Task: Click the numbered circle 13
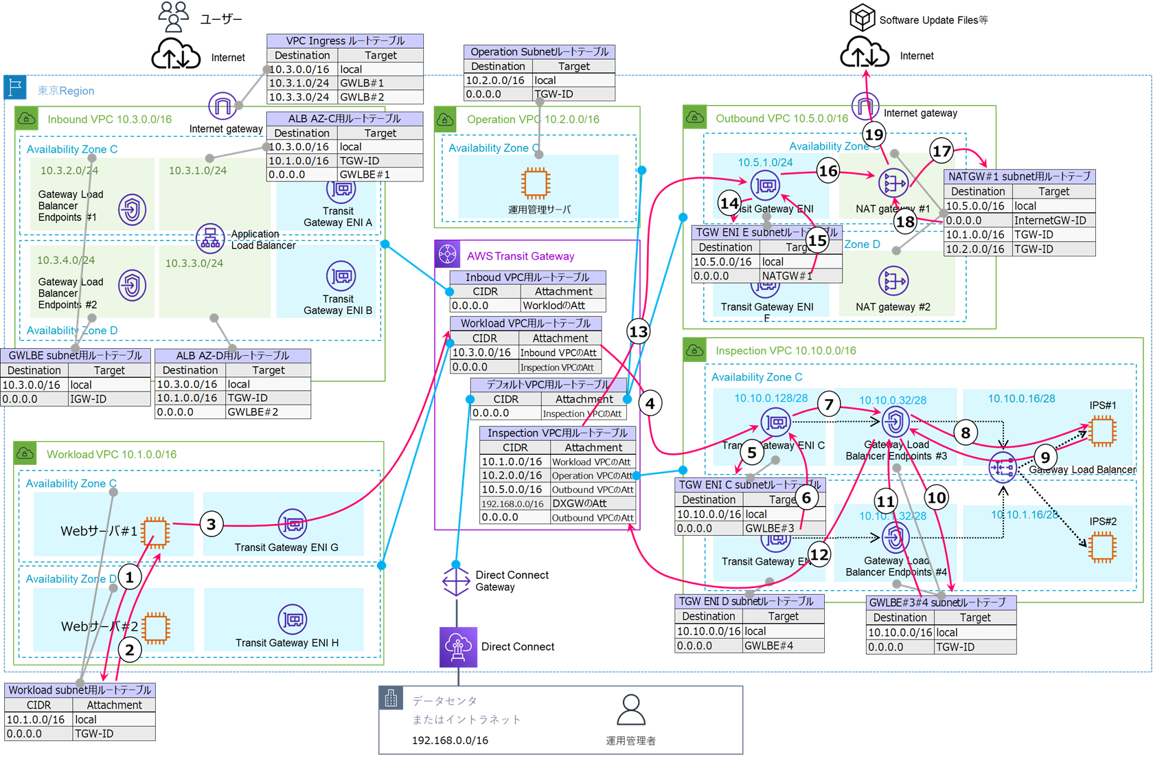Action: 639,332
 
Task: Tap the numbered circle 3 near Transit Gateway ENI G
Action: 211,525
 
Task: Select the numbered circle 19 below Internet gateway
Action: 874,135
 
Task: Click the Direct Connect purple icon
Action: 458,646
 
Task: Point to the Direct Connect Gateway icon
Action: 456,581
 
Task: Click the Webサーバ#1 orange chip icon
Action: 156,532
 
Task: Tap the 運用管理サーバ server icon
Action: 535,183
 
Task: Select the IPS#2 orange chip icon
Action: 1102,547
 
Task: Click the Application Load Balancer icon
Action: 210,238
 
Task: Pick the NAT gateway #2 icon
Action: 893,281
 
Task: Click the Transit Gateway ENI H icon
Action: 293,620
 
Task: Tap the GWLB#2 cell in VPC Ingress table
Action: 380,98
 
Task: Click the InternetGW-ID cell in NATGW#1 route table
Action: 1053,220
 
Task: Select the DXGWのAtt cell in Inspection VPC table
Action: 591,503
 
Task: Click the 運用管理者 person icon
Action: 630,710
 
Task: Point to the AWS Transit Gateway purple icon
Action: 448,254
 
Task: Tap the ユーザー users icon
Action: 173,16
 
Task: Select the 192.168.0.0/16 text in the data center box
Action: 450,740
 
